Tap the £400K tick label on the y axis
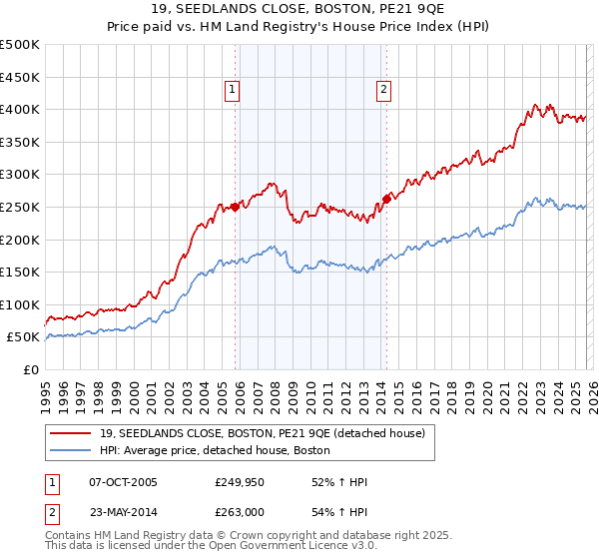[x=20, y=109]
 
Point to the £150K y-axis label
[x=20, y=272]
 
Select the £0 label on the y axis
[x=30, y=369]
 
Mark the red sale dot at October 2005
[x=235, y=207]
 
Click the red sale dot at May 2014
[x=386, y=198]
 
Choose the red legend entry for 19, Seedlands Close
[x=262, y=432]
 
